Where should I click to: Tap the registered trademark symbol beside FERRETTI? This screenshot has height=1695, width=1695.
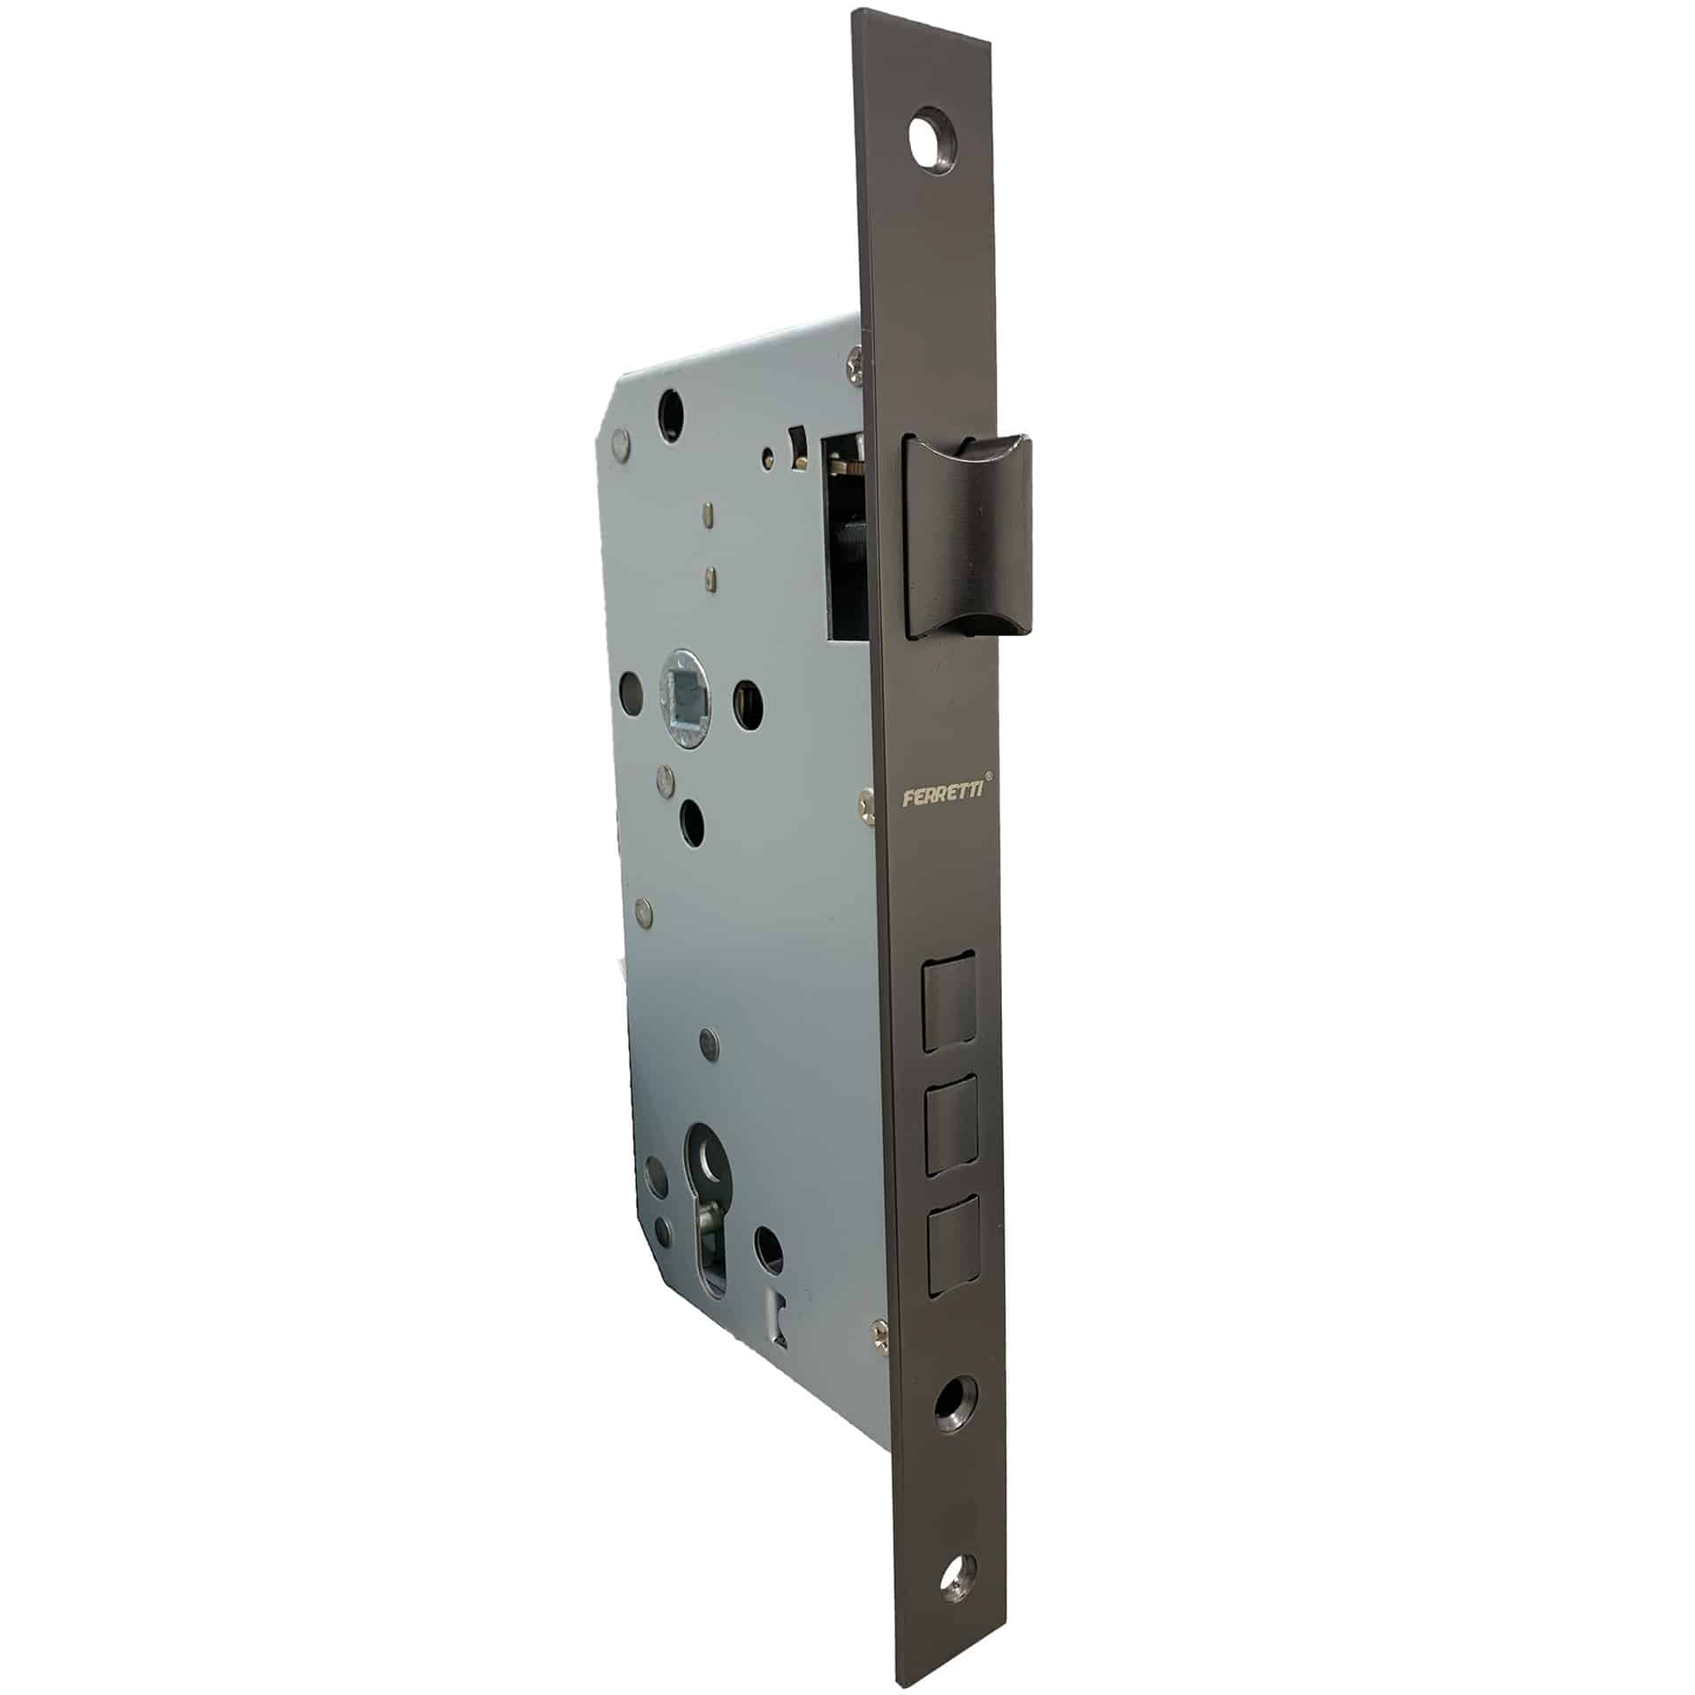[x=990, y=776]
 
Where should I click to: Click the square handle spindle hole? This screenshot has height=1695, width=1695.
[x=685, y=697]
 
